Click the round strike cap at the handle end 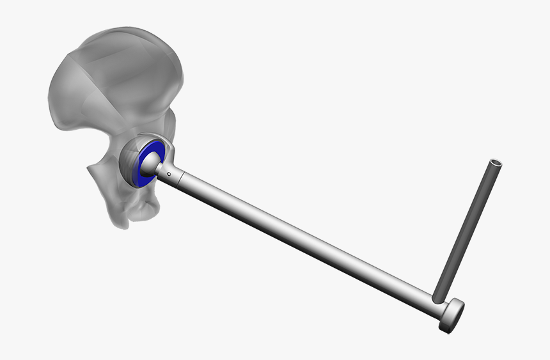click(453, 315)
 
